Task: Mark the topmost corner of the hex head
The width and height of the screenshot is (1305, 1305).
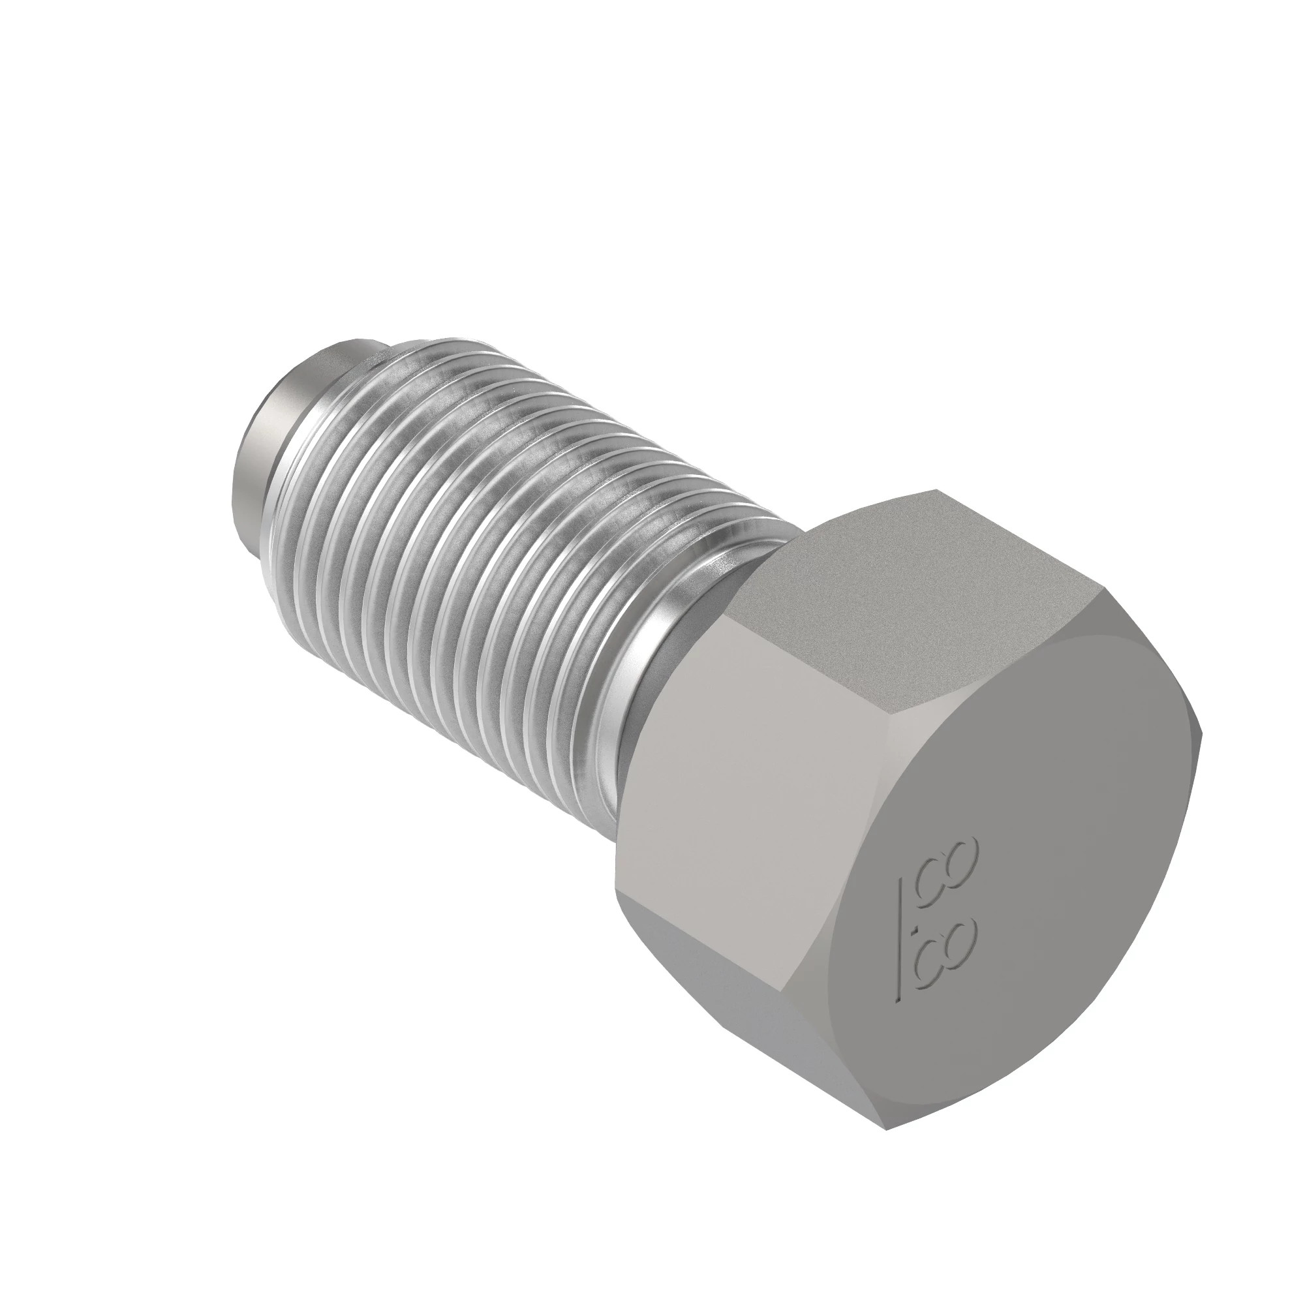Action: pyautogui.click(x=936, y=490)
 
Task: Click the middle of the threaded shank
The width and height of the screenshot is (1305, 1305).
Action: pyautogui.click(x=473, y=540)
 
